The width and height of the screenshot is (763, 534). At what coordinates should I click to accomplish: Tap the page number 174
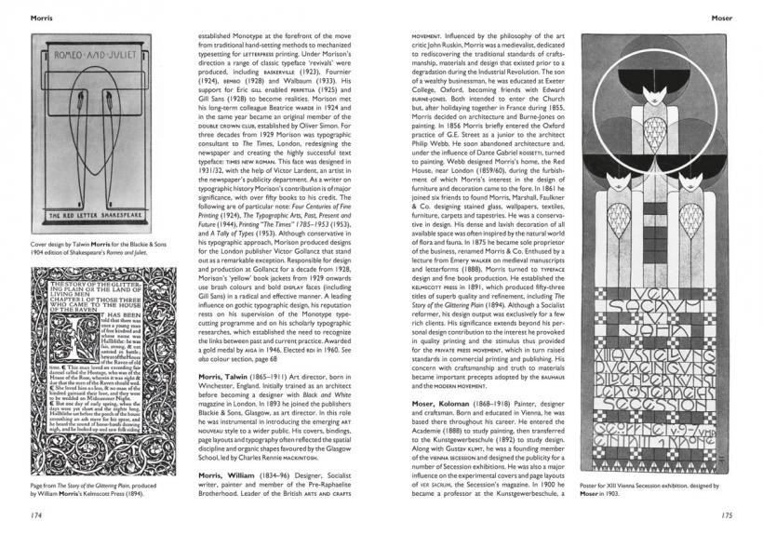[37, 514]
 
